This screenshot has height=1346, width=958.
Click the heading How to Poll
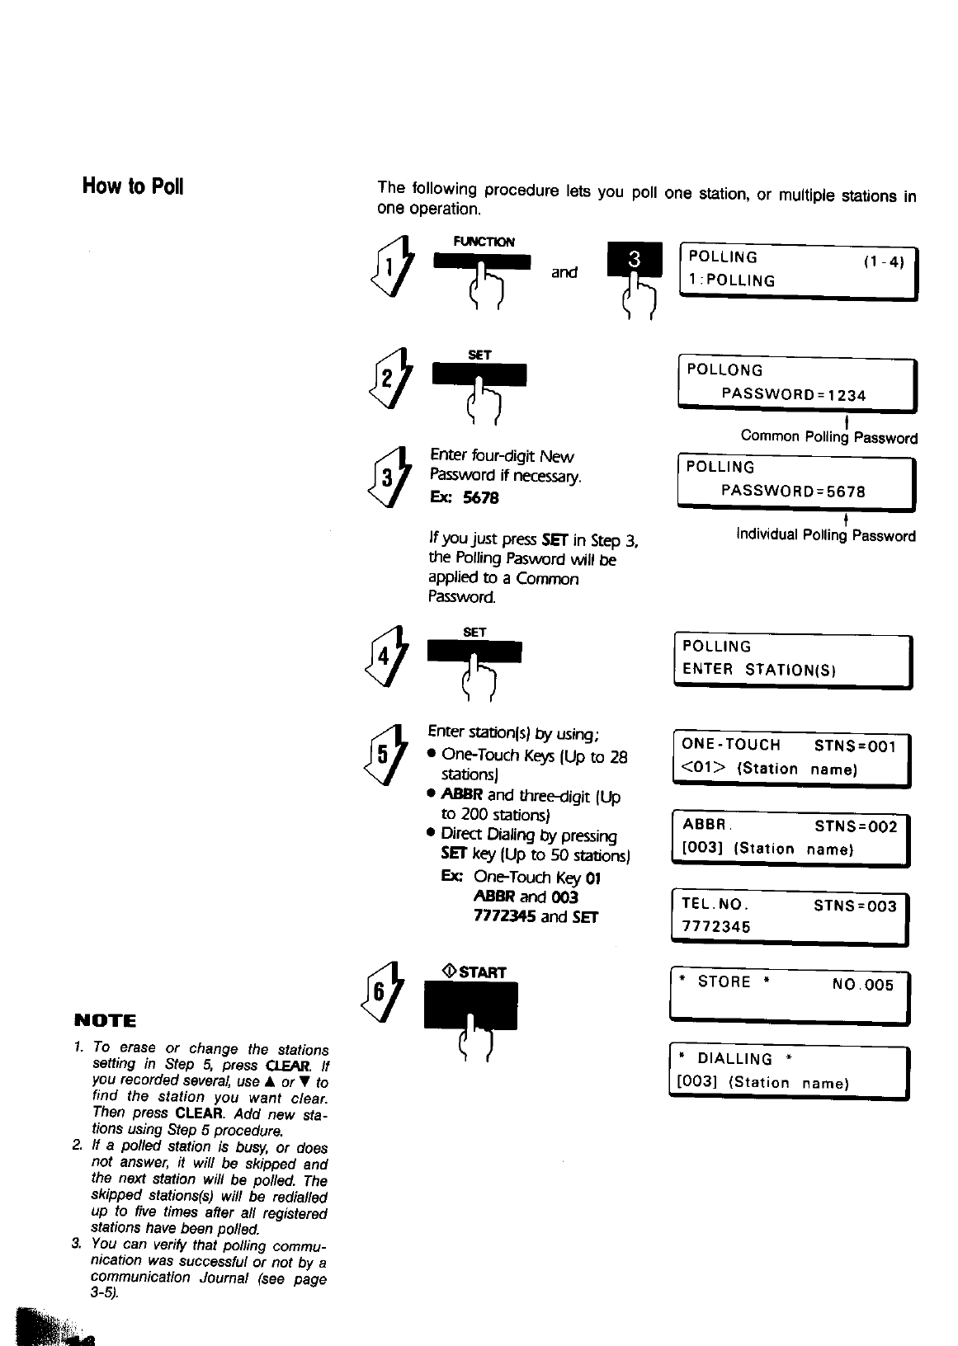(132, 186)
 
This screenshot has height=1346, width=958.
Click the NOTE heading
(105, 1020)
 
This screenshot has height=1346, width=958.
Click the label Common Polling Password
(828, 437)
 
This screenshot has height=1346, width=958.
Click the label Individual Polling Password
(826, 536)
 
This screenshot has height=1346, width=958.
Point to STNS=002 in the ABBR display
(855, 826)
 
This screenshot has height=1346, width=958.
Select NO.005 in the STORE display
(863, 985)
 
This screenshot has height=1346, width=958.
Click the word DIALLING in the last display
(734, 1059)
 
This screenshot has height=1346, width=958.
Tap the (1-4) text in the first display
(884, 263)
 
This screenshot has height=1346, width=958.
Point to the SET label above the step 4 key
(474, 633)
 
